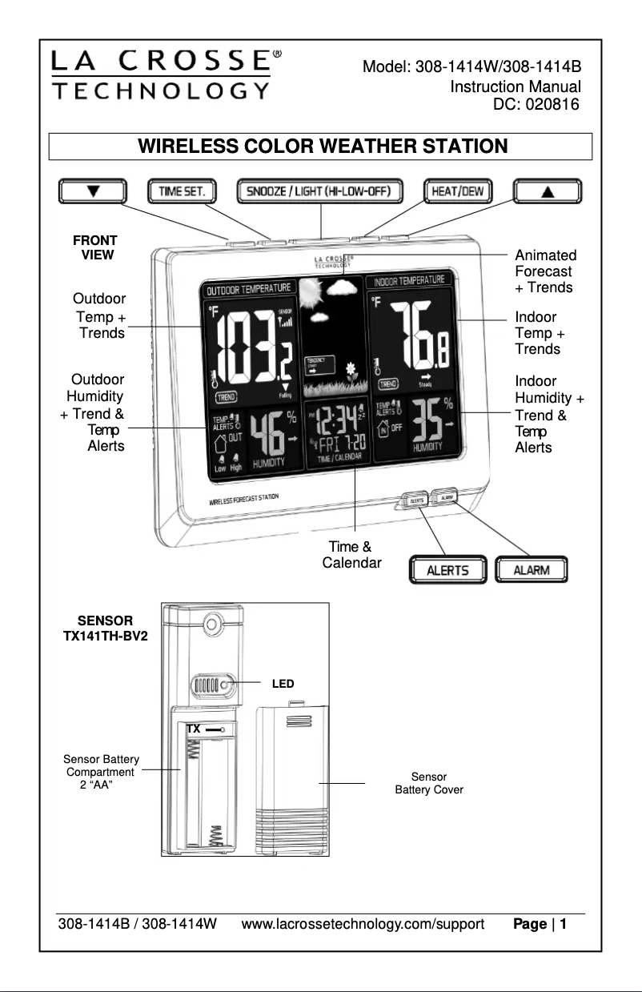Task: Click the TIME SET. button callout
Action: (183, 191)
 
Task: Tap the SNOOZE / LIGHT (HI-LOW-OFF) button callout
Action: (319, 191)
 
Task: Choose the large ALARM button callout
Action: (532, 570)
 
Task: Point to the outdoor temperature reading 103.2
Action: (254, 346)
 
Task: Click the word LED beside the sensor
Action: (283, 684)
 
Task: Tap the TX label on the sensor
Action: (193, 729)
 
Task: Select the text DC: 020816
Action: (536, 103)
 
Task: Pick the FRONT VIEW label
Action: (95, 247)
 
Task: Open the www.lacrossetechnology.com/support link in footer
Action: (363, 925)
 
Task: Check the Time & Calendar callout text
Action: (351, 555)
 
